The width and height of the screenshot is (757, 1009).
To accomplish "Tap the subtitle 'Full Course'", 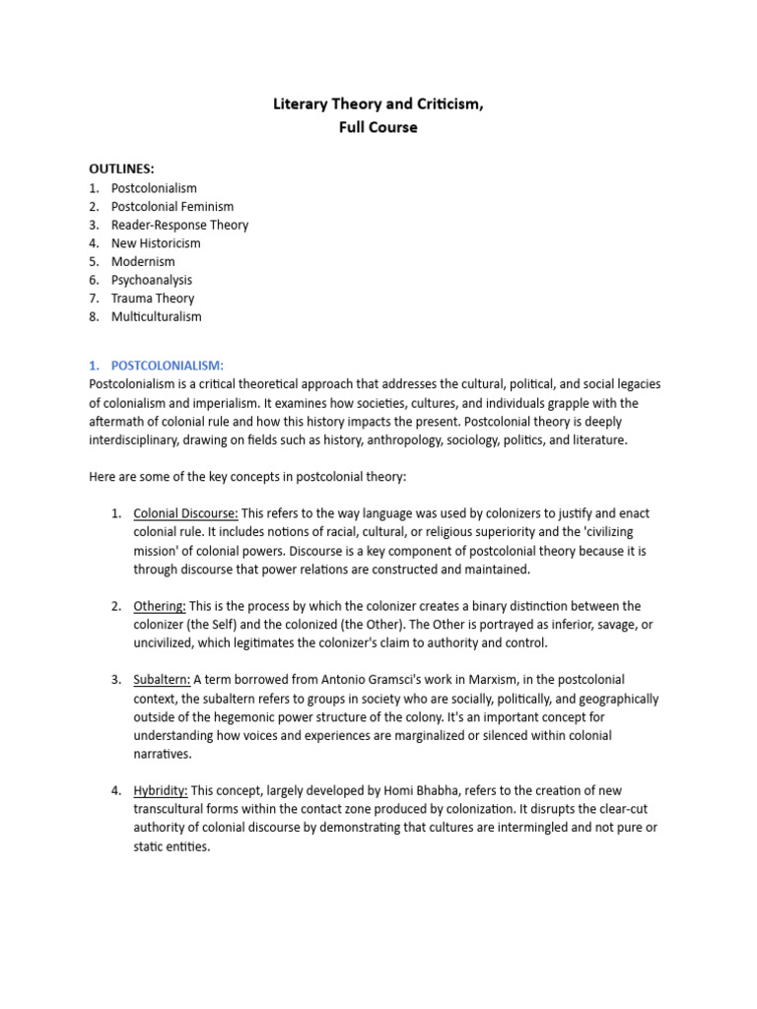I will click(x=378, y=127).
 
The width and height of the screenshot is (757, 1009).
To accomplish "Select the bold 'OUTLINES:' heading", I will click(x=121, y=168).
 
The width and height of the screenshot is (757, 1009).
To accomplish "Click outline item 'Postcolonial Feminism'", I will click(x=172, y=206).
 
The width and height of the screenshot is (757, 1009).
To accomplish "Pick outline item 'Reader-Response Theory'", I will click(x=178, y=225).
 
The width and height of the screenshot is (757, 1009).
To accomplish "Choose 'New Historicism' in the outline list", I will click(x=156, y=242).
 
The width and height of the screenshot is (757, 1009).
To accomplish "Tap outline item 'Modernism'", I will click(x=143, y=261).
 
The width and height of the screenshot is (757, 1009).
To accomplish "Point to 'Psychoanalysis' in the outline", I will click(x=152, y=280).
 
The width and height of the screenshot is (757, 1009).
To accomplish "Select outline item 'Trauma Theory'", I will click(x=153, y=298).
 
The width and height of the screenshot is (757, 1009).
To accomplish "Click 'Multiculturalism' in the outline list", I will click(x=156, y=316).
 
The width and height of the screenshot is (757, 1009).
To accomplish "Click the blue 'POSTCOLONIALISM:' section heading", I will click(x=168, y=366).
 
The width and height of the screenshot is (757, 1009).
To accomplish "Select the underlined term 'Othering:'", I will click(x=160, y=606).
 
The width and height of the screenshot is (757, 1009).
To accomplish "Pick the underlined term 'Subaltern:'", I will click(x=162, y=680).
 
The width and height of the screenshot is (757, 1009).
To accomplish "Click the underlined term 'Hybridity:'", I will click(x=161, y=791).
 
